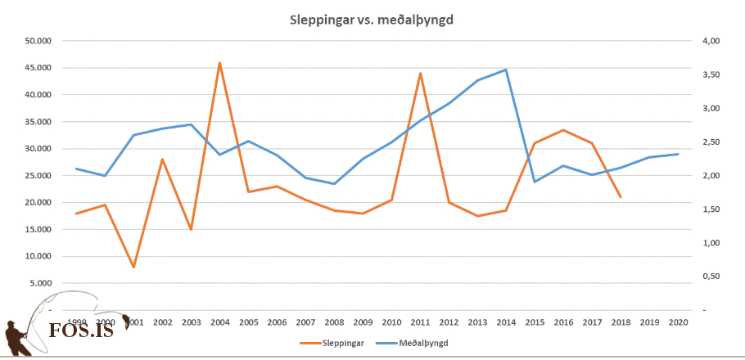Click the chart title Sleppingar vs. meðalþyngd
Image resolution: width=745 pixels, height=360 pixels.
point(372,20)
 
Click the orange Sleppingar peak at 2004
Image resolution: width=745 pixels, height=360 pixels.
point(219,62)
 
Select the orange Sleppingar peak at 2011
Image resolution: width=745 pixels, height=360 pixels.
point(420,74)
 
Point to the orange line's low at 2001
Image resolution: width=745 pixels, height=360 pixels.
point(133,267)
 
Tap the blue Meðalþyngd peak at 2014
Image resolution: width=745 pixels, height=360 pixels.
point(506,70)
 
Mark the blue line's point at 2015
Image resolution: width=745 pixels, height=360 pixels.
point(535,182)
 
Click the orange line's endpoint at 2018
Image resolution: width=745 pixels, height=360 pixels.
point(621,197)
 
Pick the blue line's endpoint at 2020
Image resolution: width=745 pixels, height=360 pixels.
point(678,154)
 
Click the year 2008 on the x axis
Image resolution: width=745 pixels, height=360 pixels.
point(334,322)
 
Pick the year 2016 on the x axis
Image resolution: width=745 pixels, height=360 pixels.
point(563,322)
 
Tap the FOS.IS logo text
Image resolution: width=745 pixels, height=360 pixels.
point(81,331)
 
